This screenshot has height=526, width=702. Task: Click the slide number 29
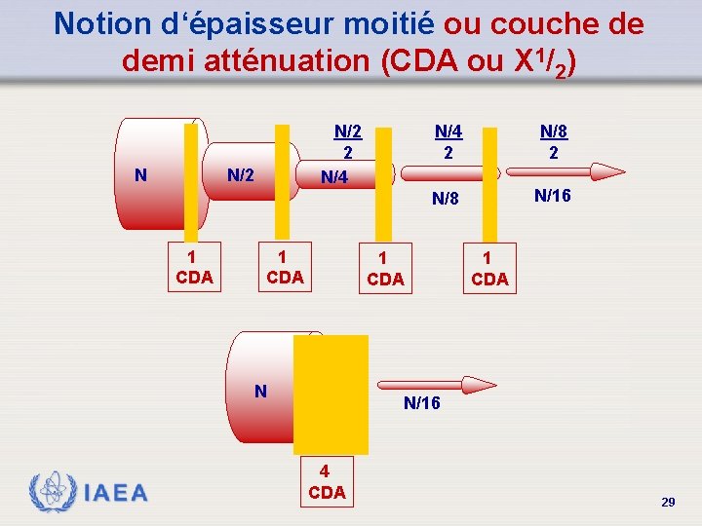tap(668, 502)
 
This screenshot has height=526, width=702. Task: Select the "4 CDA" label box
tap(327, 482)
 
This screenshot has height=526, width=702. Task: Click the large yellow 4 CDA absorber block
tap(331, 394)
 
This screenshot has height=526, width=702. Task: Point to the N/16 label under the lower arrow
tap(421, 403)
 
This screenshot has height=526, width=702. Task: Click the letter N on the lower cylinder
tap(260, 391)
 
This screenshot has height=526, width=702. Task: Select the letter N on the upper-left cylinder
tap(141, 175)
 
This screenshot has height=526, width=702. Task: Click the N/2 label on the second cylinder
tap(241, 175)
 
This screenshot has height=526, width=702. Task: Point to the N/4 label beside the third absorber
tap(334, 177)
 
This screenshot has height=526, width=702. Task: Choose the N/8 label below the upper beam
tap(446, 200)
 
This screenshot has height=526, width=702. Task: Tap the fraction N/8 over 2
tap(553, 141)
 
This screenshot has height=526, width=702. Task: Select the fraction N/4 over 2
tap(448, 141)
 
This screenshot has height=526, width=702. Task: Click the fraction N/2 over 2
tap(348, 141)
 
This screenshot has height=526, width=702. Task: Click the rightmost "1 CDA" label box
tap(489, 268)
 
